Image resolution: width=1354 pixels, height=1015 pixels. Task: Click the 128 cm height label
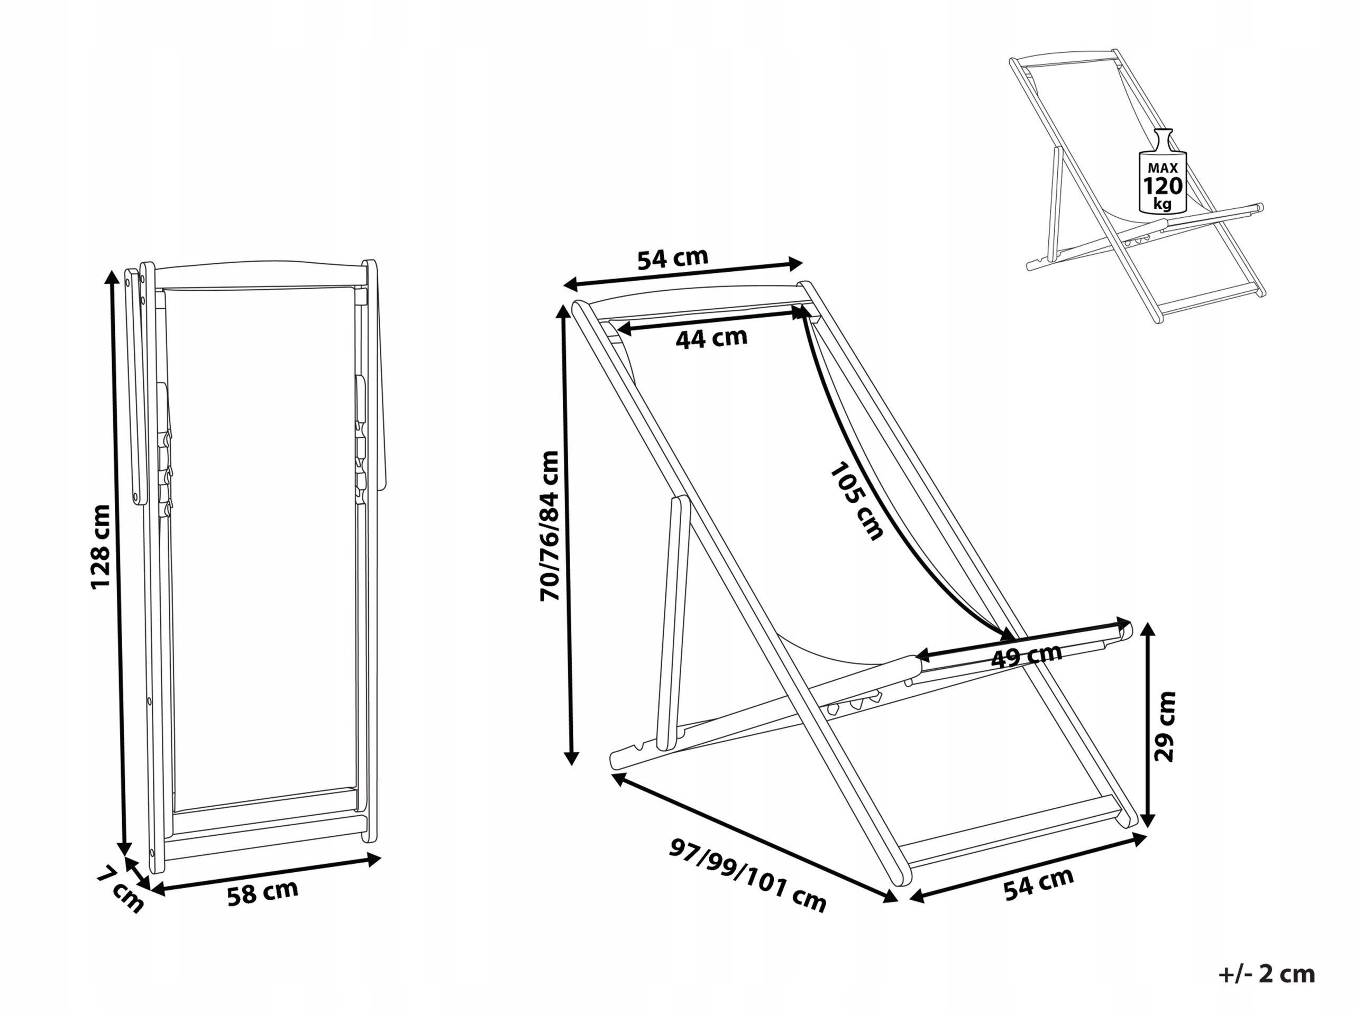coord(101,546)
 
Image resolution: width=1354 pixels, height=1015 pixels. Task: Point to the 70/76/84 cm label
coord(550,526)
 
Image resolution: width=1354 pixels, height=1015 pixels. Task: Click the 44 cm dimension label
coord(711,338)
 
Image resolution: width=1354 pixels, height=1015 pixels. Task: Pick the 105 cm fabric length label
coord(856,502)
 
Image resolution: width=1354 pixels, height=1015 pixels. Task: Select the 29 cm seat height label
coord(1164,726)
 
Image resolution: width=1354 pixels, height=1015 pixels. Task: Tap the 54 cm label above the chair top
coord(673,257)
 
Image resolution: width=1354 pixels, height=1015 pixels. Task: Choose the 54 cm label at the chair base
coord(1039,883)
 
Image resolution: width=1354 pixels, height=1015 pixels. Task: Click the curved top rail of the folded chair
coord(260,267)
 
